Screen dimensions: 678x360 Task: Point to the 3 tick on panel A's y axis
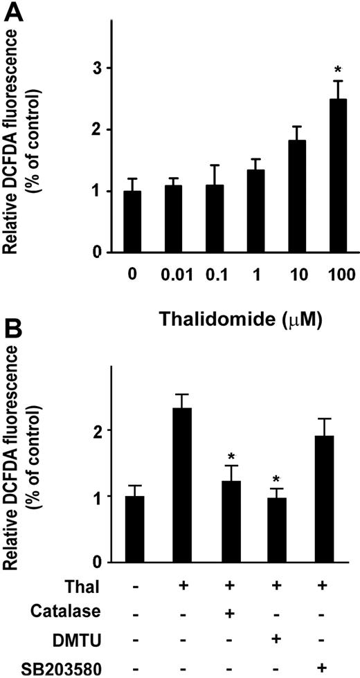[91, 68]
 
